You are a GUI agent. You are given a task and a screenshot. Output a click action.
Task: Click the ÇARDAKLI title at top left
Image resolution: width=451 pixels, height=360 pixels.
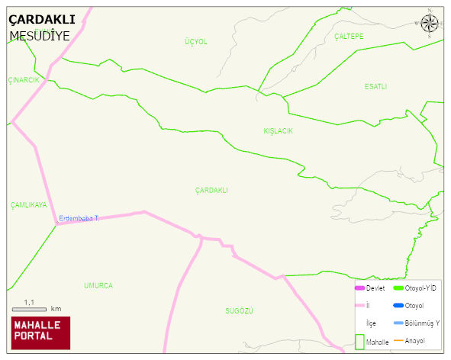pos(41,20)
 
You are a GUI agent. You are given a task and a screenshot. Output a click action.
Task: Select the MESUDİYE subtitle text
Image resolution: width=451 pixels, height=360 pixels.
pos(40,35)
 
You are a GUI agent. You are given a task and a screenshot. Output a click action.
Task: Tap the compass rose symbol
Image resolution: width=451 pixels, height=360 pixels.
pos(430,24)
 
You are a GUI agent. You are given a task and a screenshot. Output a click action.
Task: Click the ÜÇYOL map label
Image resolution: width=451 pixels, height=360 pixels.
pos(195,42)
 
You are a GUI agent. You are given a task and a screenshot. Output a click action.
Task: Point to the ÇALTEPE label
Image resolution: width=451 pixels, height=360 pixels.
pos(349,37)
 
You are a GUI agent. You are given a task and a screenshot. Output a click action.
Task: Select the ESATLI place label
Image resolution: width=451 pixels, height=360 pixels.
pos(375,87)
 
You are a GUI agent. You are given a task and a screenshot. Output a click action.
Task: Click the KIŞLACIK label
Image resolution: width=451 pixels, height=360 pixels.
pos(278,131)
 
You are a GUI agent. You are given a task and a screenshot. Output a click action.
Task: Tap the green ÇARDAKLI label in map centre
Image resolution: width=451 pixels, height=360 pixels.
pos(211,190)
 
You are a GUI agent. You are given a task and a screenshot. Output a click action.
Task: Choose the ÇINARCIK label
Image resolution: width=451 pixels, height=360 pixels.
pos(23,80)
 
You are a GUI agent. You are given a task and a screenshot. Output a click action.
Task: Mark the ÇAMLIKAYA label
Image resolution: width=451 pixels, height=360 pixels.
pos(28,205)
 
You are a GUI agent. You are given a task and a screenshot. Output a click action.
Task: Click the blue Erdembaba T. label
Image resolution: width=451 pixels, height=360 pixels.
pos(79,219)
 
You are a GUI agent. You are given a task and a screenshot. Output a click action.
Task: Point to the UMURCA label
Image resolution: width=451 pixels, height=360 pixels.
pos(98,285)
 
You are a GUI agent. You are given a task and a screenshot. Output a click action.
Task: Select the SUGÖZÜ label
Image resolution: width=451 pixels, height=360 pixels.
pos(239,311)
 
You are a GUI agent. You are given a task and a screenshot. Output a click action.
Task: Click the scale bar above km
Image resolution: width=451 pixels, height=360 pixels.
pos(30,309)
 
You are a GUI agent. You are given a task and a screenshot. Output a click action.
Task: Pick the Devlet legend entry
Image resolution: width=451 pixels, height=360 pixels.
pos(370,288)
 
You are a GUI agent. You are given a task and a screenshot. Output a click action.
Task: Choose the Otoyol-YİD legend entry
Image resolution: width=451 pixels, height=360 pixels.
pos(415,288)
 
